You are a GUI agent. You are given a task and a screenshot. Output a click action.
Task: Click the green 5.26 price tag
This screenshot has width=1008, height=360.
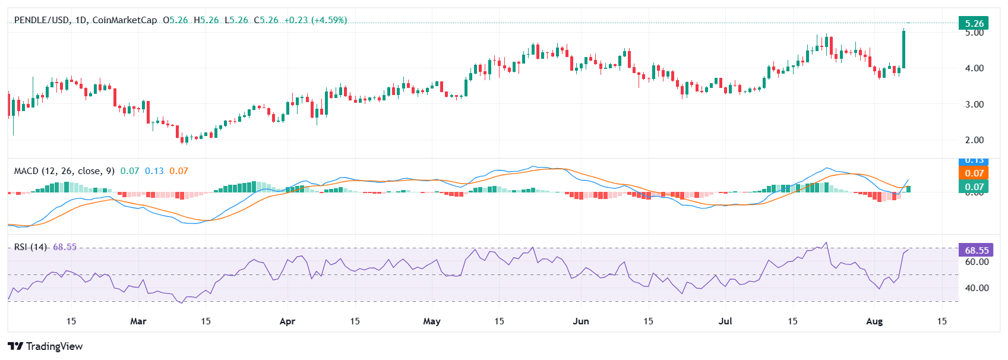[974, 24]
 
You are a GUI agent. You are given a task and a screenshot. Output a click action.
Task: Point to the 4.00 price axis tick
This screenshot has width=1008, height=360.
[974, 68]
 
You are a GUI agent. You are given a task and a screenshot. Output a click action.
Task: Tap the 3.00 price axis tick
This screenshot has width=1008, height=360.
[974, 105]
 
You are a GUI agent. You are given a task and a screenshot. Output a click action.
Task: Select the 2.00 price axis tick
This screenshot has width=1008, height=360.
[974, 140]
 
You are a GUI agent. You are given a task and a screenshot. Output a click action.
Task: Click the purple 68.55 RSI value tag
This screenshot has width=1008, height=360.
[976, 250]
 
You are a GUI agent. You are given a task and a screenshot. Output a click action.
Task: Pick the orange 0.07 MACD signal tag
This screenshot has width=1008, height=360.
[974, 173]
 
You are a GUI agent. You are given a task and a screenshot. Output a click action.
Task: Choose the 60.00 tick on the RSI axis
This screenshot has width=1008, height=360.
[977, 262]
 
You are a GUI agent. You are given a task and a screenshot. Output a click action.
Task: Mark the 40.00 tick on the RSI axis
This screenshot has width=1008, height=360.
[977, 288]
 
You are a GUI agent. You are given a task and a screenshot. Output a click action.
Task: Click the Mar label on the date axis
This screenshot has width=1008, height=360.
[138, 321]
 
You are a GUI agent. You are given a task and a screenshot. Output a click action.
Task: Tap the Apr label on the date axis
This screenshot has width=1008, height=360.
[287, 321]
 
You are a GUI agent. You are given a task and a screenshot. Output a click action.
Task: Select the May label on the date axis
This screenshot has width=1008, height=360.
[432, 321]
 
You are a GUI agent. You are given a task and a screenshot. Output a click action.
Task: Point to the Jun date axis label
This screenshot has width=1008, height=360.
[580, 321]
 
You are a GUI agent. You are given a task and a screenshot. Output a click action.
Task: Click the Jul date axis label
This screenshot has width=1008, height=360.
[725, 321]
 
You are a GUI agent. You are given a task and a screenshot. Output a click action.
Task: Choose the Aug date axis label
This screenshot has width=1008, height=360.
[874, 321]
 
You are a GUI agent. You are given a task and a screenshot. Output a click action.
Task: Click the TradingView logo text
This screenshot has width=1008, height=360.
[54, 346]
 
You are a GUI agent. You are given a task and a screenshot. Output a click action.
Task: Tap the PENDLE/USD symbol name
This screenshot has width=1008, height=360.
[41, 20]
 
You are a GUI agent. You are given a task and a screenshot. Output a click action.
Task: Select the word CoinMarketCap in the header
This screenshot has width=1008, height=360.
[125, 20]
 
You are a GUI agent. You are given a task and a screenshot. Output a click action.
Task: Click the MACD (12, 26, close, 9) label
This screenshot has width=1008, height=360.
[64, 171]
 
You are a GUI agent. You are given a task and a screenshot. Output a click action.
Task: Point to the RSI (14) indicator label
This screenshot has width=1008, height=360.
[30, 247]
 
